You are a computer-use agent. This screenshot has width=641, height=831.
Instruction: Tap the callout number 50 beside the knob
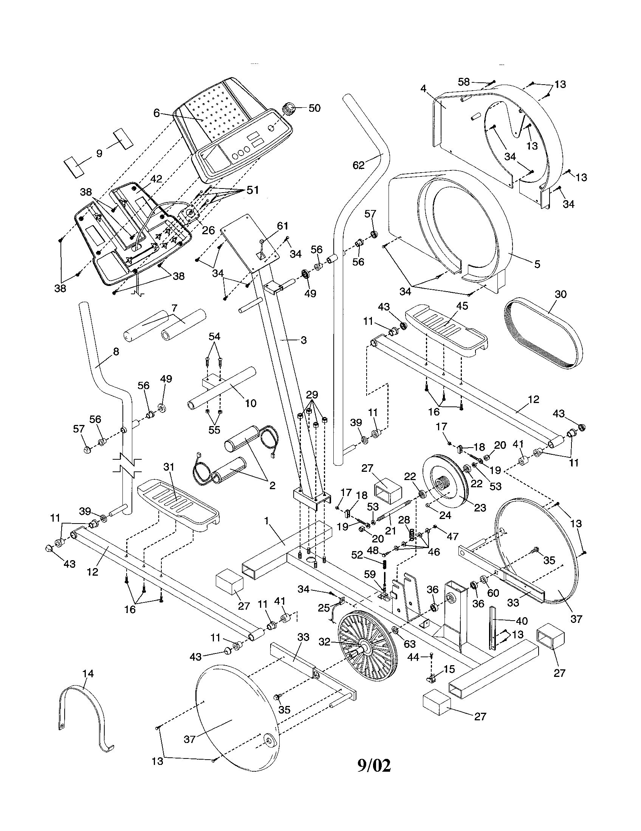pyautogui.click(x=314, y=108)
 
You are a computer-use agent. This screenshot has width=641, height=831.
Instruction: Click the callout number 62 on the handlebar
pyautogui.click(x=358, y=165)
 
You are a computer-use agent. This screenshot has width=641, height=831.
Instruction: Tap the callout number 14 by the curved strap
pyautogui.click(x=88, y=673)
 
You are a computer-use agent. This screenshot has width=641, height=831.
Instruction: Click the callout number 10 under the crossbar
pyautogui.click(x=251, y=403)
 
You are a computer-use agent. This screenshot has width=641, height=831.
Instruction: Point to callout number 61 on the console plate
pyautogui.click(x=282, y=226)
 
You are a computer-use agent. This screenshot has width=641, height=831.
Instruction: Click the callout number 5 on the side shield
pyautogui.click(x=537, y=264)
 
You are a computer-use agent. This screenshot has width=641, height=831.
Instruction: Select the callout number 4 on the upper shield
pyautogui.click(x=423, y=88)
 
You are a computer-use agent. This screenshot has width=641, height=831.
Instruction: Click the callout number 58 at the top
pyautogui.click(x=463, y=82)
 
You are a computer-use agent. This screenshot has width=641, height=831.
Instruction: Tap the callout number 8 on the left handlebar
pyautogui.click(x=116, y=352)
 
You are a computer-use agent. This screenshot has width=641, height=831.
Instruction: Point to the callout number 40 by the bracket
pyautogui.click(x=522, y=621)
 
